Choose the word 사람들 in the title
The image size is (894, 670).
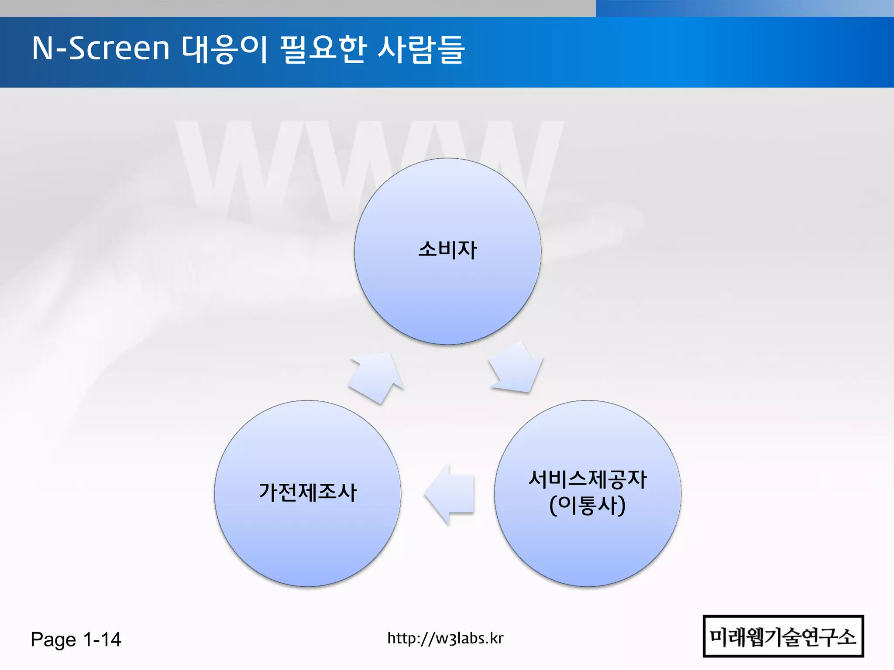[421, 49]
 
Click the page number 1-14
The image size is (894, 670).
[102, 639]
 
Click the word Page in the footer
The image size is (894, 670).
[53, 640]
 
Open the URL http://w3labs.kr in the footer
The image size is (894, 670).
[445, 638]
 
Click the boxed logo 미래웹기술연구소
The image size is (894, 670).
[783, 636]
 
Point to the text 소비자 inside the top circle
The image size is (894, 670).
[447, 250]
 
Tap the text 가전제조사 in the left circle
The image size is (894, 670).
[308, 492]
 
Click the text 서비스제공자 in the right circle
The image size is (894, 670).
[588, 479]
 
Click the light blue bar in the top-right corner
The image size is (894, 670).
[744, 8]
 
